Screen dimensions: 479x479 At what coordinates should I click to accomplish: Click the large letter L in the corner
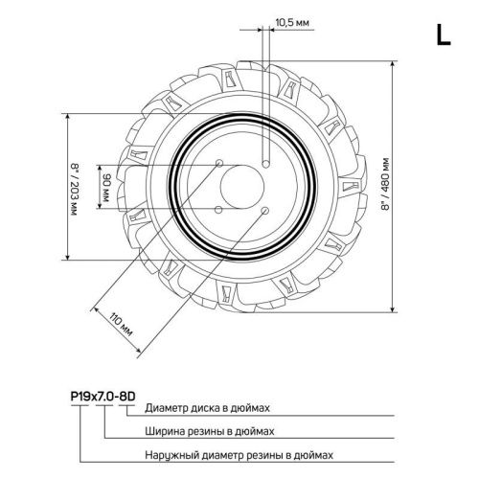(443, 35)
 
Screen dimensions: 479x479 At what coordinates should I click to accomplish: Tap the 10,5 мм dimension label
(291, 20)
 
